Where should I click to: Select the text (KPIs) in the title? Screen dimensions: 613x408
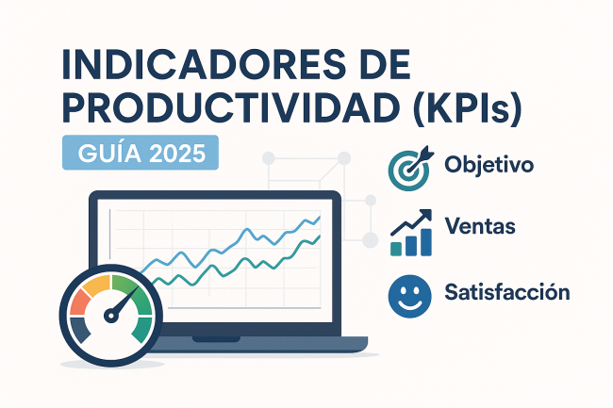(x=468, y=108)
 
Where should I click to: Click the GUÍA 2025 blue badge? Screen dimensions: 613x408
(x=141, y=153)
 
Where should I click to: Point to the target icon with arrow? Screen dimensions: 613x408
(x=410, y=169)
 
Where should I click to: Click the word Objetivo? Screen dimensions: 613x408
(x=489, y=165)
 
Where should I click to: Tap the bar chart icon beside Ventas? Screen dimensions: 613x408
(x=411, y=233)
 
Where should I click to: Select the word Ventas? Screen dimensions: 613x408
(x=480, y=226)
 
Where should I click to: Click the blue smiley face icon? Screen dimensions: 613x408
(x=409, y=296)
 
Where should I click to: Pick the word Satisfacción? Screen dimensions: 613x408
(x=507, y=292)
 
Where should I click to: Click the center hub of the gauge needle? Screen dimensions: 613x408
(x=110, y=315)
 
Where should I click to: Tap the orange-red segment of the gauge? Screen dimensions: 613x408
(x=79, y=302)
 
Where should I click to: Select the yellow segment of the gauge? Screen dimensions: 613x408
(x=96, y=284)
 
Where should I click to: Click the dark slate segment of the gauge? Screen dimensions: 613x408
(x=80, y=329)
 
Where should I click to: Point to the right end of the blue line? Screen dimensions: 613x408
(x=321, y=217)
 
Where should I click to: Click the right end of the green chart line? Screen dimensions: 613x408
(x=321, y=236)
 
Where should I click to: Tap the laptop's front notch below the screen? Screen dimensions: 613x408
(x=216, y=339)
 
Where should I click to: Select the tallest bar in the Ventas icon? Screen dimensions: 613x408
(x=426, y=242)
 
